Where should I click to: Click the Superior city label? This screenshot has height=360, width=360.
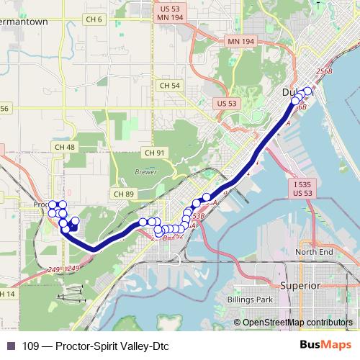coord(300,285)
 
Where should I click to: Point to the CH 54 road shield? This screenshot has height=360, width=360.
coord(170,85)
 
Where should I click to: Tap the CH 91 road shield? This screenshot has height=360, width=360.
coord(155,153)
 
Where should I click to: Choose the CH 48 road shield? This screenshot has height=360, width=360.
coord(64,147)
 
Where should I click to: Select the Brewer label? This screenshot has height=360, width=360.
coord(145,172)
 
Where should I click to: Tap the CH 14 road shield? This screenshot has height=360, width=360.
coord(7,294)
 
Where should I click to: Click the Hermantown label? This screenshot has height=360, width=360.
coord(25,22)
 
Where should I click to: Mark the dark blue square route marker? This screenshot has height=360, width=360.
coord(74,226)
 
